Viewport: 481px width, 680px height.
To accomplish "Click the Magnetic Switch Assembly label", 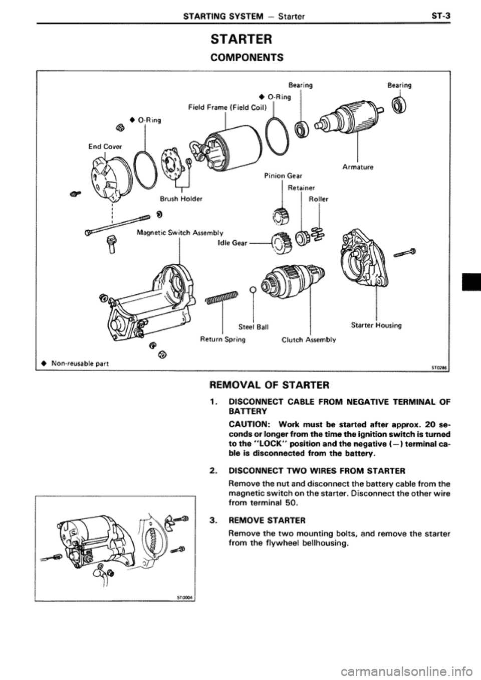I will (x=180, y=232).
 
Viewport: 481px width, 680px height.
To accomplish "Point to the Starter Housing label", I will (x=375, y=325).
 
